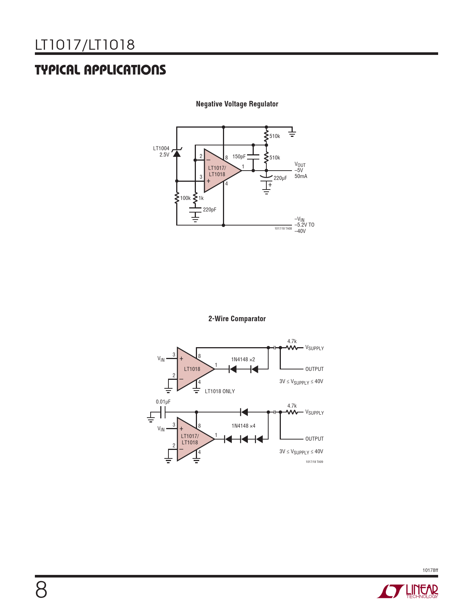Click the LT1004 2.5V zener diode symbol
177,152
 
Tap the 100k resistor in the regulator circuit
177,198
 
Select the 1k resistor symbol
195,198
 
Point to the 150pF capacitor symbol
253,157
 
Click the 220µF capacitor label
280,178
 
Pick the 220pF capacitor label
210,210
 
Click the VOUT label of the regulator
300,164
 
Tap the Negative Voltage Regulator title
237,104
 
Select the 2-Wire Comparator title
237,319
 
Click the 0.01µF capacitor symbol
162,412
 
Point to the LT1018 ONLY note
220,391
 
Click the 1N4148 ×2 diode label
243,359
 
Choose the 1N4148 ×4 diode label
243,426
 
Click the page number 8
41,590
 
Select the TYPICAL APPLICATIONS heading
100,70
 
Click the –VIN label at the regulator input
299,219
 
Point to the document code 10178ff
430,570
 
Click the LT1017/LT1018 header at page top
85,45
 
